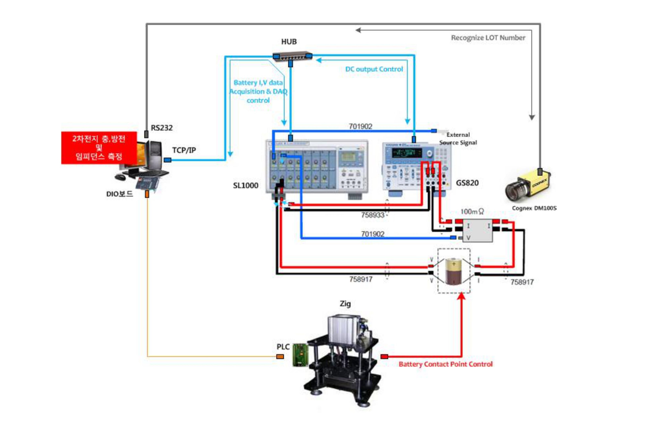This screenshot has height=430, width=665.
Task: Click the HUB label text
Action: tap(289, 42)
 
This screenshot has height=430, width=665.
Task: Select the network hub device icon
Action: tap(292, 56)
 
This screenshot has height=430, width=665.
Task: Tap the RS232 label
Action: tap(162, 128)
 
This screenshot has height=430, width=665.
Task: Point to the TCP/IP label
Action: tap(184, 150)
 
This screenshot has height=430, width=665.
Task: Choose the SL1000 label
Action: tap(245, 185)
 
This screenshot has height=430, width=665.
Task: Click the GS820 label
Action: tap(467, 183)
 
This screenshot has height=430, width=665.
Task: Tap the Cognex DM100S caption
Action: tap(534, 208)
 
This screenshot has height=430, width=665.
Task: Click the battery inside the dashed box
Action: tap(454, 271)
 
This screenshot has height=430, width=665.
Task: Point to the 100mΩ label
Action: tap(472, 212)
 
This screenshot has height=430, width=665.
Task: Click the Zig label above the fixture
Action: tap(345, 304)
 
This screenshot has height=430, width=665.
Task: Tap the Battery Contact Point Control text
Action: tap(445, 364)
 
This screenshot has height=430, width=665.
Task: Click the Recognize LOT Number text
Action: tap(488, 38)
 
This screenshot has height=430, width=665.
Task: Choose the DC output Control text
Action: tap(374, 69)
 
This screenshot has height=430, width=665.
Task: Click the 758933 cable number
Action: tap(373, 215)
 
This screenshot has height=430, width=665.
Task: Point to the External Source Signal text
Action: tap(458, 139)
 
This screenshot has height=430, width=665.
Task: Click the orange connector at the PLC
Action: tap(280, 357)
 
